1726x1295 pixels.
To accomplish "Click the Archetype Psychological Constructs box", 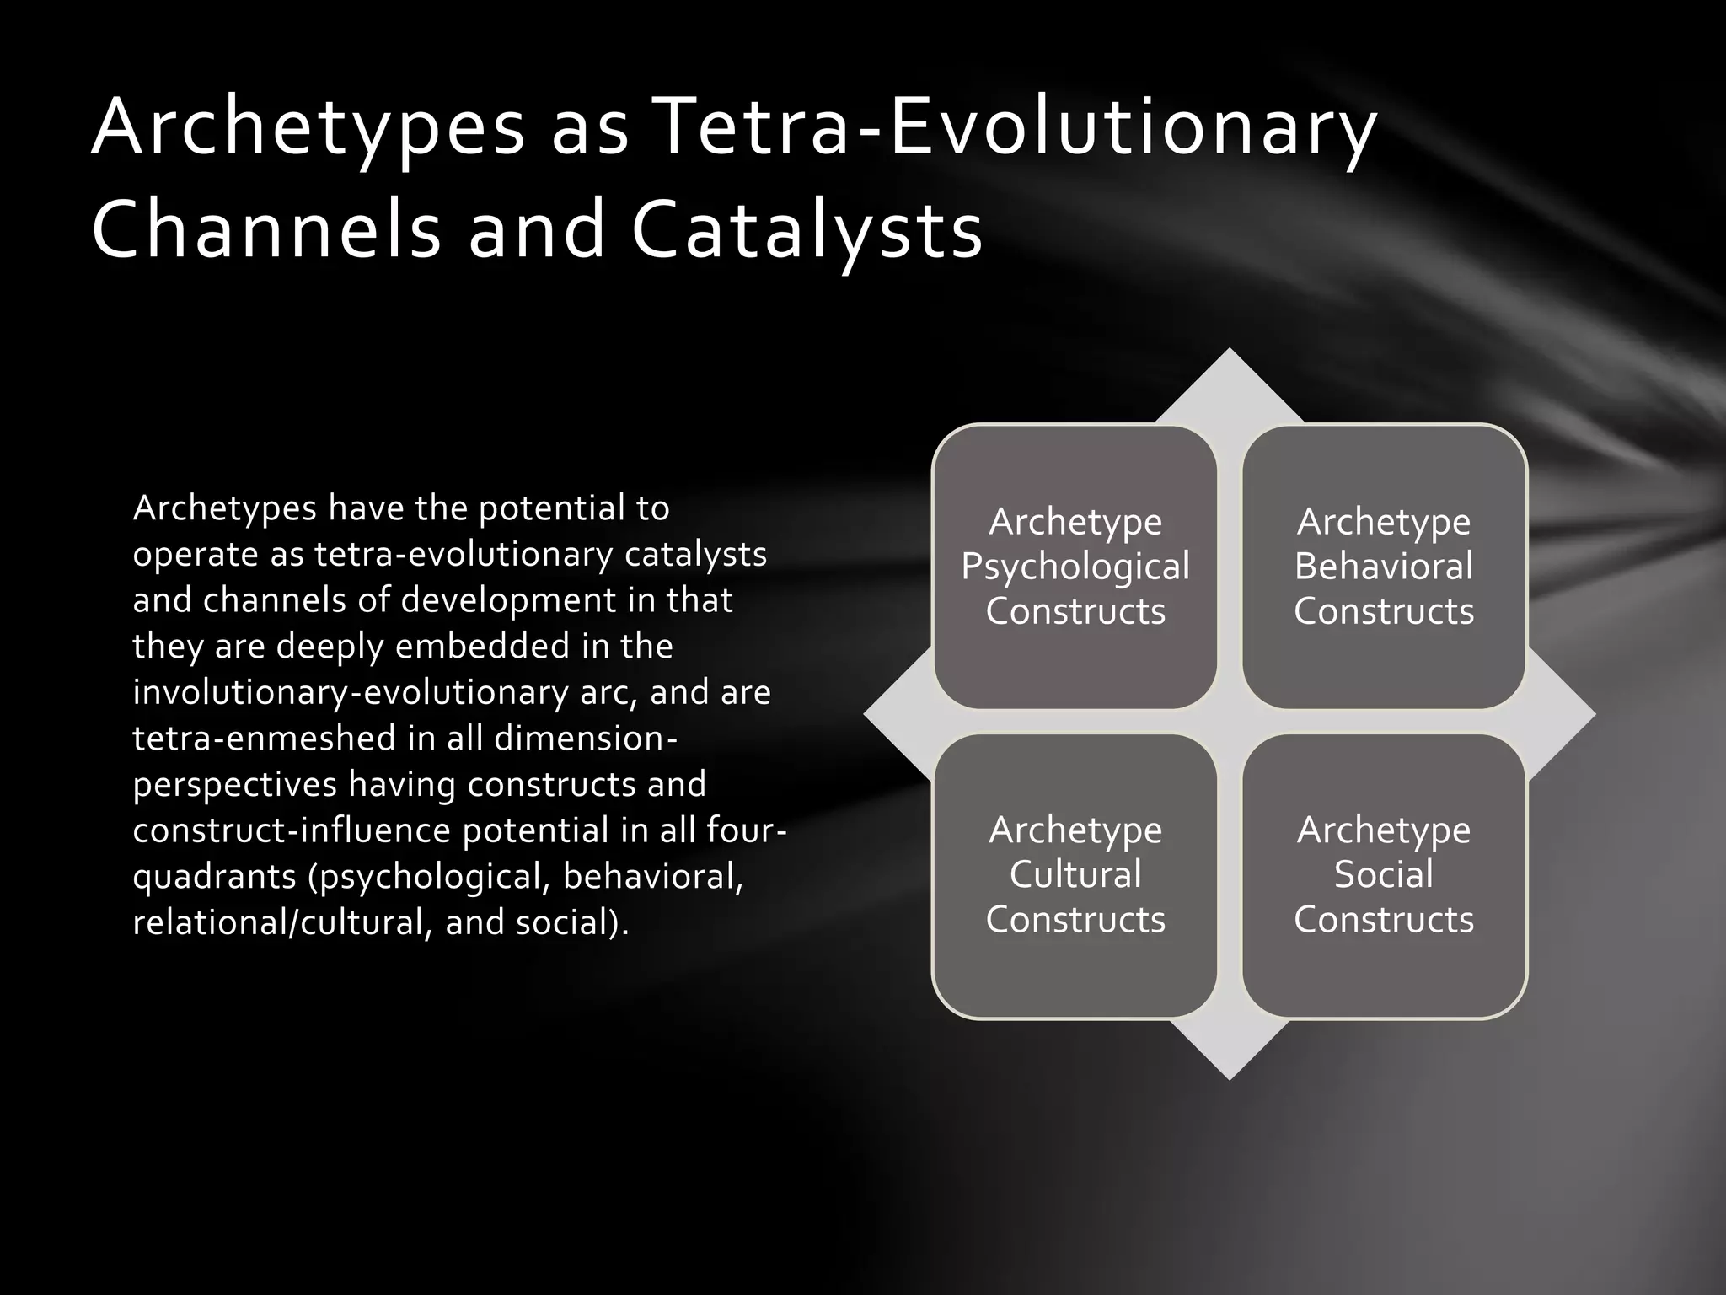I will pyautogui.click(x=1075, y=567).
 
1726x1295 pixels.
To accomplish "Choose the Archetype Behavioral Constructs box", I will pyautogui.click(x=1384, y=567).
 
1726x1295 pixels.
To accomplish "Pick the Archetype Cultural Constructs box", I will pyautogui.click(x=1075, y=875).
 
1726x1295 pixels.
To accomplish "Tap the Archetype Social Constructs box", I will pyautogui.click(x=1384, y=875).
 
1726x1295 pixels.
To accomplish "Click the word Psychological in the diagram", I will pyautogui.click(x=1075, y=567).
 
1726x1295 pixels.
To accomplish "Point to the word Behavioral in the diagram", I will pyautogui.click(x=1384, y=566).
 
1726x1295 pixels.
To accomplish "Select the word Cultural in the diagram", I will pyautogui.click(x=1075, y=874).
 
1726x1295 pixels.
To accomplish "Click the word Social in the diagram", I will pyautogui.click(x=1384, y=874).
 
